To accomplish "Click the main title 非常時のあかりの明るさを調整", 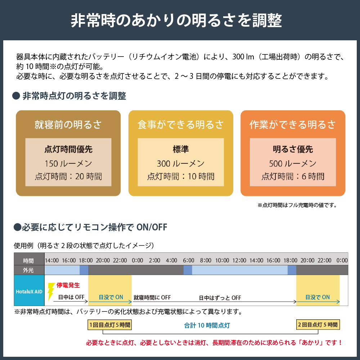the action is point(176,21).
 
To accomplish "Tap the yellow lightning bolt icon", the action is point(51,291).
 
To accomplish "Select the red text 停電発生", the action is point(68,285).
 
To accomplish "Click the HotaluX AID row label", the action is point(29,292).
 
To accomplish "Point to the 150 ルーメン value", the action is point(68,163).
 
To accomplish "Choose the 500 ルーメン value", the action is point(293,163).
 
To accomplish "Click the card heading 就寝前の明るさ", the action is point(68,125).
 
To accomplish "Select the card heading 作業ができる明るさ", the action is point(293,125).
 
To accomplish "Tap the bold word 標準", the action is point(181,149).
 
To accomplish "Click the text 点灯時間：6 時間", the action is point(293,176).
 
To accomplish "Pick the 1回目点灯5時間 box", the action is point(110,325).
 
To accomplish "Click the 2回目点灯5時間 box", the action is point(318,325).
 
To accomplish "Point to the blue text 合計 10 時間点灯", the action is point(207,325).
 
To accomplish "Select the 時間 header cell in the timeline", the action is point(28,261).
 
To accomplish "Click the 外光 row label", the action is point(28,270).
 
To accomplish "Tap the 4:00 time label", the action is point(171,260).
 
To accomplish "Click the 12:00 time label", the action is point(239,260).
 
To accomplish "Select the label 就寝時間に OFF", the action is point(152,298).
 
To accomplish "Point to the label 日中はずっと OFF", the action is point(220,298).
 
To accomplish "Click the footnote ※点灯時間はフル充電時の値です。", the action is point(297,205).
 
